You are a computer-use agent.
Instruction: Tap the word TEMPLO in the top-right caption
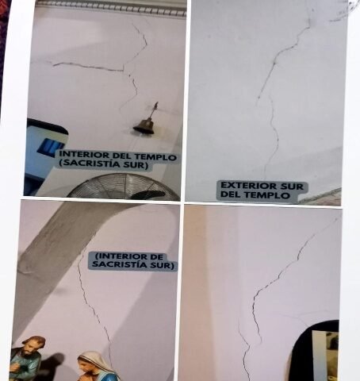click(267, 195)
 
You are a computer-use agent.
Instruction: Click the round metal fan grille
click(123, 187)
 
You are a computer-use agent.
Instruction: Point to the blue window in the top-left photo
click(50, 147)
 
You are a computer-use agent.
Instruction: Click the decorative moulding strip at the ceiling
click(111, 8)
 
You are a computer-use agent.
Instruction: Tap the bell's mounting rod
click(154, 110)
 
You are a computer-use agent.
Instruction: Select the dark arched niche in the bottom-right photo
click(315, 351)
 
